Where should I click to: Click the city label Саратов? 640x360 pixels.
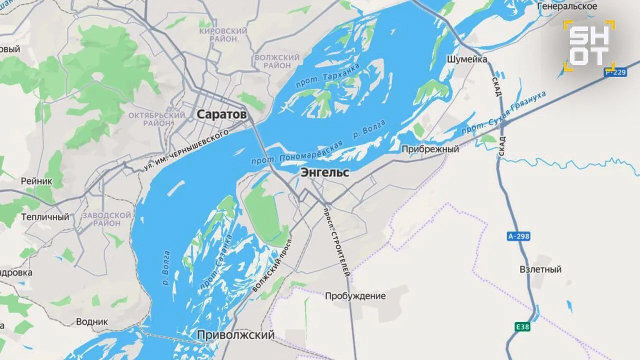tap(221, 114)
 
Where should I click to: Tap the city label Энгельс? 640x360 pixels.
tap(324, 173)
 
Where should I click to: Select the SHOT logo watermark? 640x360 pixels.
tap(589, 45)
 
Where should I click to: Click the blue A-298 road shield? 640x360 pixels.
tap(518, 236)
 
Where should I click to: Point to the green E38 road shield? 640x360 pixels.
tap(522, 327)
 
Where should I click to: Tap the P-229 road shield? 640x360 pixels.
tap(615, 72)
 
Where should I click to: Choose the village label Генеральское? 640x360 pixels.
tap(567, 6)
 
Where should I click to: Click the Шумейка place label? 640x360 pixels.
tap(466, 59)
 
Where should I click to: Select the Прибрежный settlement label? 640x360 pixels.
tap(430, 149)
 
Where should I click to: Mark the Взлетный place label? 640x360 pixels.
tap(540, 269)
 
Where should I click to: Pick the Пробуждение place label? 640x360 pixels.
tap(355, 296)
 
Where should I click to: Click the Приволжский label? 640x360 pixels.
tap(235, 334)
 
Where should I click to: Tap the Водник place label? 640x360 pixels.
tap(91, 321)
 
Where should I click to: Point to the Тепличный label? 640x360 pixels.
tap(45, 217)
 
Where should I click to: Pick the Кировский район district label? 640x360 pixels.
tap(223, 35)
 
